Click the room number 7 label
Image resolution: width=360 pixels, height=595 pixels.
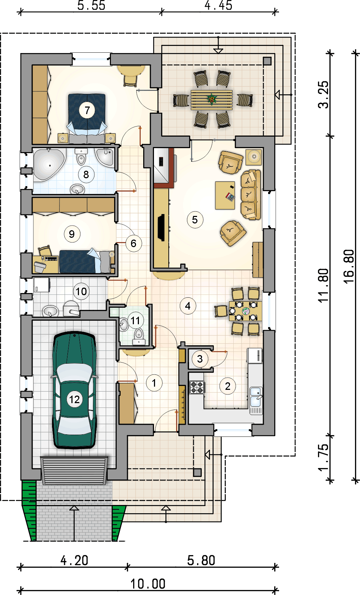tap(87, 110)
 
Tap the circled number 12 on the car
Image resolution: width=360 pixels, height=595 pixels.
tap(74, 399)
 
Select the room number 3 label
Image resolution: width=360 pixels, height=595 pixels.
tap(200, 359)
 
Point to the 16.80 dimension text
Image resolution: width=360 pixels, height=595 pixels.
tap(349, 266)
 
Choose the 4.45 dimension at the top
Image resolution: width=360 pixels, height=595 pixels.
tap(218, 6)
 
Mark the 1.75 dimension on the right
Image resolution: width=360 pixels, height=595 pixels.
tap(324, 457)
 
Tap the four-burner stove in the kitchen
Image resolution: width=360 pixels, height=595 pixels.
tap(197, 387)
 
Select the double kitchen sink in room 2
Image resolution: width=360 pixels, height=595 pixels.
tap(256, 397)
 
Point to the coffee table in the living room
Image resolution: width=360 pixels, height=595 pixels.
tap(225, 195)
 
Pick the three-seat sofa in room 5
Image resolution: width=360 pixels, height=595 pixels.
tap(250, 195)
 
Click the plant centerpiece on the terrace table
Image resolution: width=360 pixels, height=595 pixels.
tap(212, 99)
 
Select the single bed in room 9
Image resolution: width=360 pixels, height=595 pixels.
tap(85, 261)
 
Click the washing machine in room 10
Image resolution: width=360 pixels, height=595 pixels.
tap(42, 285)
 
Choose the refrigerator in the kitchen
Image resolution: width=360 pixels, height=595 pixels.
tap(255, 355)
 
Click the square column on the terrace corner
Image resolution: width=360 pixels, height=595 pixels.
tap(267, 61)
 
